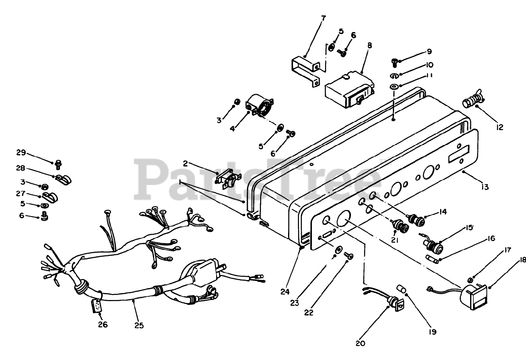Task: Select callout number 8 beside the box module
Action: (369, 45)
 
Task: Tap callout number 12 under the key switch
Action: (500, 127)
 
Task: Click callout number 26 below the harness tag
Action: (103, 325)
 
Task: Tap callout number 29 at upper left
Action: (21, 152)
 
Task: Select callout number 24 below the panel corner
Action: (286, 292)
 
